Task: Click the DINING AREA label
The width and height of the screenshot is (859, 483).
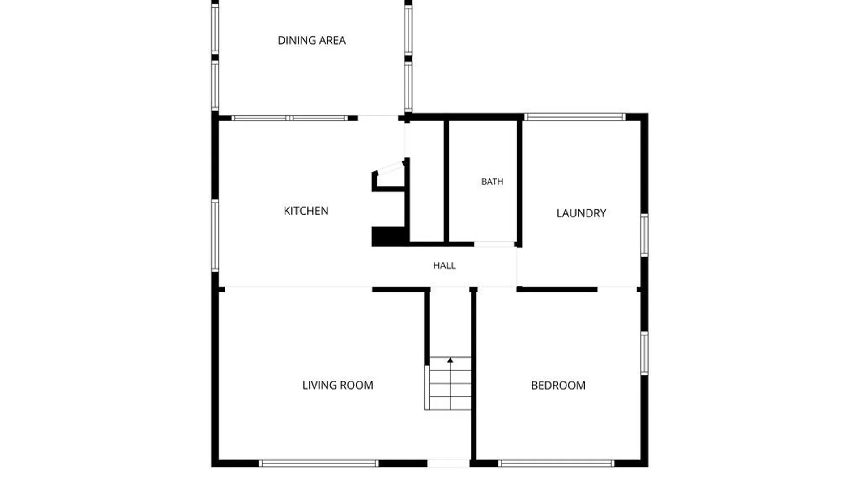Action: [x=312, y=40]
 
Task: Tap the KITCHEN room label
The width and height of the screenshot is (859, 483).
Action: [x=306, y=211]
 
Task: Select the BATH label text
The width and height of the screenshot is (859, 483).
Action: [x=492, y=182]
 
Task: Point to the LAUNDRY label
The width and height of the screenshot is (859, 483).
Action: [x=581, y=213]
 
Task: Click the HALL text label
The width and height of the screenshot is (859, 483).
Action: [x=444, y=266]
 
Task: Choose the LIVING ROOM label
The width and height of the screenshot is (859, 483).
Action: [x=338, y=385]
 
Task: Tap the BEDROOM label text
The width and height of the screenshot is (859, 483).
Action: [x=558, y=385]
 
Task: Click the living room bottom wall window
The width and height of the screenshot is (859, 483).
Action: [x=319, y=463]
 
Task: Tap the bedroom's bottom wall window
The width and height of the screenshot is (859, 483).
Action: [x=556, y=463]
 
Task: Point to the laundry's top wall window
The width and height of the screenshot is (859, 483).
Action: [x=575, y=117]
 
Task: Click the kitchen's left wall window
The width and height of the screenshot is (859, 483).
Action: [x=215, y=236]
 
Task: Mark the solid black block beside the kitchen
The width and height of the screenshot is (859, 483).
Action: [x=390, y=236]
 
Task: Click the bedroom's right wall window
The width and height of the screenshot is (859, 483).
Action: [x=644, y=353]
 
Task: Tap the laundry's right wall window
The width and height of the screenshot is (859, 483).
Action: [x=644, y=235]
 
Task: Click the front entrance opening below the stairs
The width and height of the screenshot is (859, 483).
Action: [x=448, y=463]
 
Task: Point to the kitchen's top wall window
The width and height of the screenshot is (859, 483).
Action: [x=289, y=118]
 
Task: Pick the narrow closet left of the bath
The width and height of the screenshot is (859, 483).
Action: [x=427, y=181]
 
